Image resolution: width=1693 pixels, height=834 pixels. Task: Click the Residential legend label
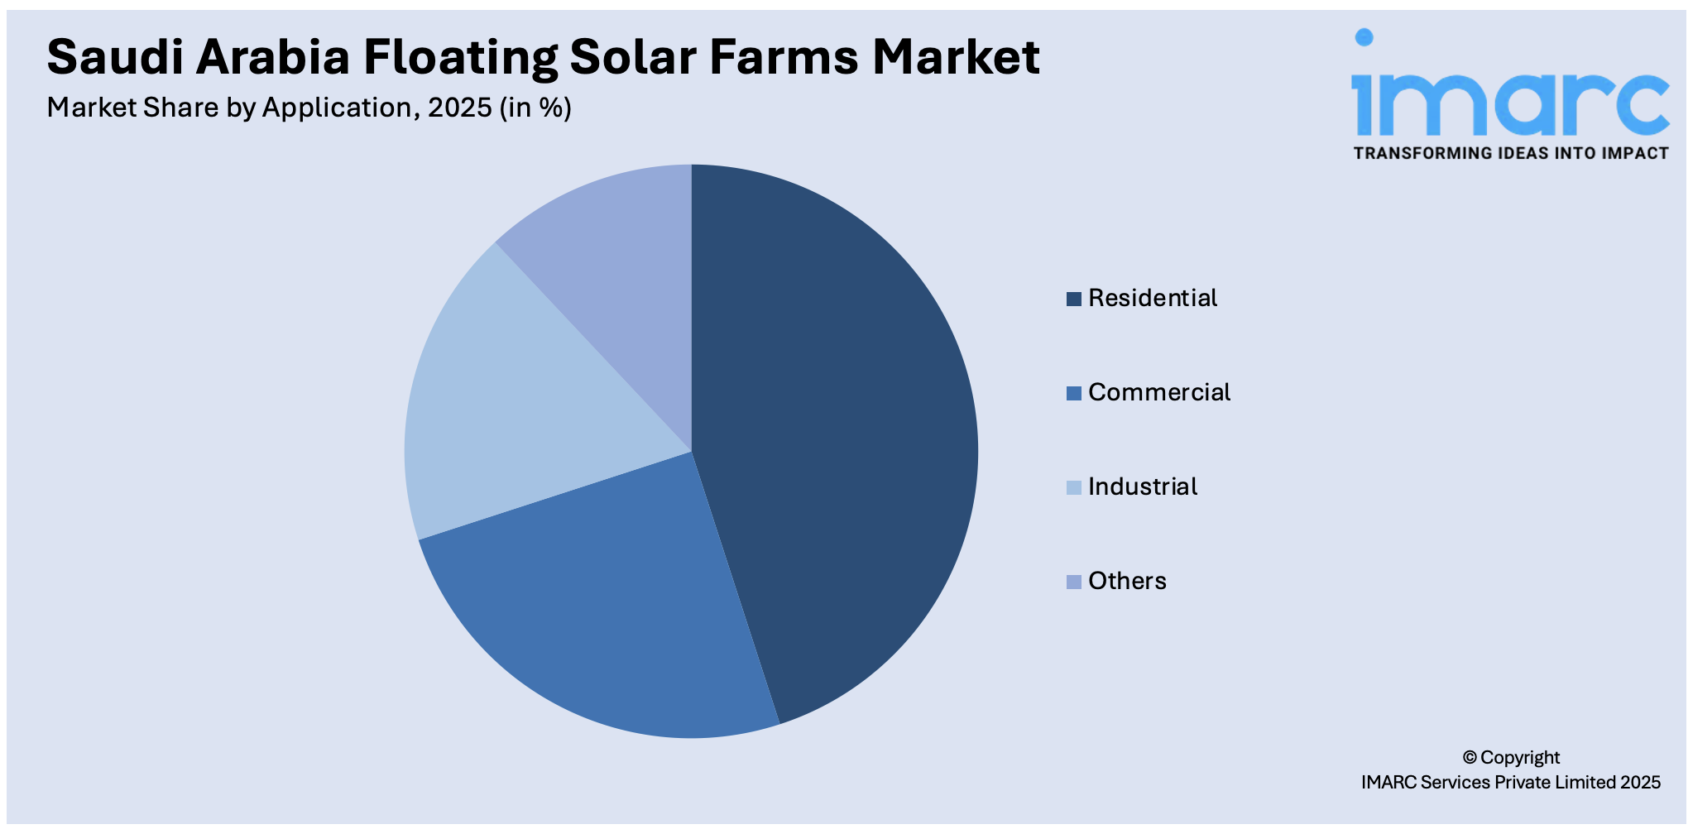1152,298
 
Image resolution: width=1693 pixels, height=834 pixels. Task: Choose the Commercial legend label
1158,392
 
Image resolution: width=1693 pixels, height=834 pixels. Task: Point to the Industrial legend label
1142,486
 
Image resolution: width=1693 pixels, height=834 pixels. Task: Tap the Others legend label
1127,581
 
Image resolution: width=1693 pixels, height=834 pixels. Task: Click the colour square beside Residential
1073,299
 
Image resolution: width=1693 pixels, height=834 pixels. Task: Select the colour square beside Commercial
1073,393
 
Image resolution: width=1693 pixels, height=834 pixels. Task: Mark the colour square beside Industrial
1073,487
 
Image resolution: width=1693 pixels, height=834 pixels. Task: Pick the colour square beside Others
1073,582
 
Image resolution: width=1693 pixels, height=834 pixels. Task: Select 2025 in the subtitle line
459,108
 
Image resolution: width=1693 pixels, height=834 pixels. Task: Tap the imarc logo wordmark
1509,95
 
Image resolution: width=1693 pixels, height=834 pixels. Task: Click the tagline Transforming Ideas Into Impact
1511,153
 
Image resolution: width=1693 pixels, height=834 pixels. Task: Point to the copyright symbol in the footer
1469,757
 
